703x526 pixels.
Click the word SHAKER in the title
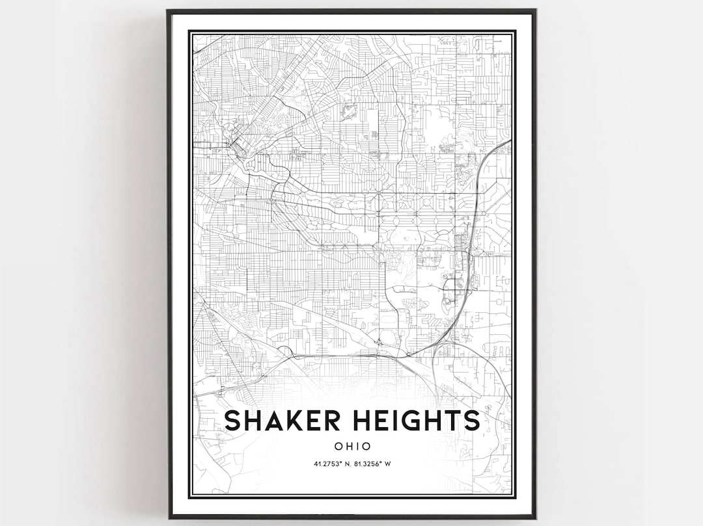pyautogui.click(x=273, y=421)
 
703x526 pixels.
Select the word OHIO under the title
pyautogui.click(x=352, y=447)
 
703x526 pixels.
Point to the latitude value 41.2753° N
pyautogui.click(x=324, y=464)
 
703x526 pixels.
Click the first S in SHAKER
pyautogui.click(x=232, y=421)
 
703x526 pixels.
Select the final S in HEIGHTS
pyautogui.click(x=471, y=421)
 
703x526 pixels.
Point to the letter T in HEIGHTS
pyautogui.click(x=454, y=421)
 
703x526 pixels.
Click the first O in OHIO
pyautogui.click(x=338, y=447)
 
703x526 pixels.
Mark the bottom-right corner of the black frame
pyautogui.click(x=535, y=518)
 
